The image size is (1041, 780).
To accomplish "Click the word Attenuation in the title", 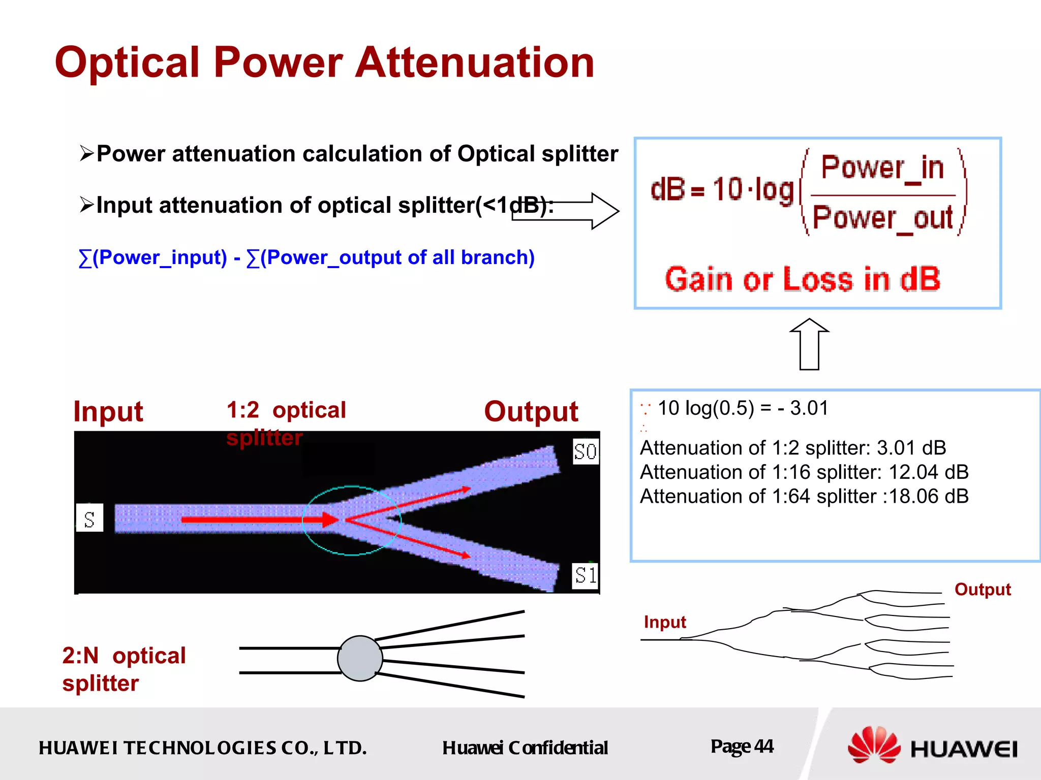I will [475, 62].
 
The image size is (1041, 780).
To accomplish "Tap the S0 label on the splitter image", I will [585, 451].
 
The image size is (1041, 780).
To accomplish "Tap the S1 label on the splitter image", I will [585, 575].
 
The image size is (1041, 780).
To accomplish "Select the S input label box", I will [89, 518].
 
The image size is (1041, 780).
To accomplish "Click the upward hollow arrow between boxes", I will [809, 345].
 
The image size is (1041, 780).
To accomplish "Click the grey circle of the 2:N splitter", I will [360, 658].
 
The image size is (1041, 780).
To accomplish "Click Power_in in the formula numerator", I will [882, 168].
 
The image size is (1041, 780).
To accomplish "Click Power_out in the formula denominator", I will [882, 218].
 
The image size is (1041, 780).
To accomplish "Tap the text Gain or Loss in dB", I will [803, 279].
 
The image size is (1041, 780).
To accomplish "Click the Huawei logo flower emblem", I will [873, 745].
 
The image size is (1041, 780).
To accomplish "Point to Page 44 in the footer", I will [742, 746].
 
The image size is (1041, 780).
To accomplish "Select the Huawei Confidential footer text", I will [525, 747].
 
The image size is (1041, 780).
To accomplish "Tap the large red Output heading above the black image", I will [531, 411].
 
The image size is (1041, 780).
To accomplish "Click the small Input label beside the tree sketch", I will [664, 622].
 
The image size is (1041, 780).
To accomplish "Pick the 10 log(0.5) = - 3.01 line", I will [742, 408].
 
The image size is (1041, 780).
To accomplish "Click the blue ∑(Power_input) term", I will [153, 257].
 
